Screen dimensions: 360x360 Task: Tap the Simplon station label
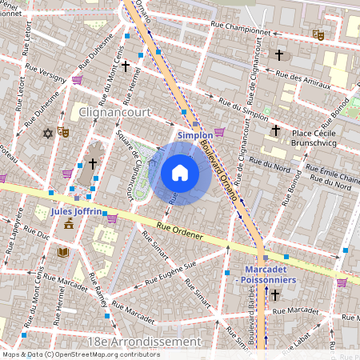click(x=194, y=136)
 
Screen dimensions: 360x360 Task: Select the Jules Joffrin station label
click(x=76, y=212)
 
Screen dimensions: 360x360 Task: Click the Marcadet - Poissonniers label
click(x=265, y=275)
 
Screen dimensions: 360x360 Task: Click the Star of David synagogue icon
click(x=47, y=132)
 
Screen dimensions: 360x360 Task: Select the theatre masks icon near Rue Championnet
click(x=318, y=35)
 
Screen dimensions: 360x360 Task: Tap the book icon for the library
click(x=62, y=252)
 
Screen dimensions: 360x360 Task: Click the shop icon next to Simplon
click(x=219, y=132)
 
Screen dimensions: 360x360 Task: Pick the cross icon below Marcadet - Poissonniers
click(x=275, y=295)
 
